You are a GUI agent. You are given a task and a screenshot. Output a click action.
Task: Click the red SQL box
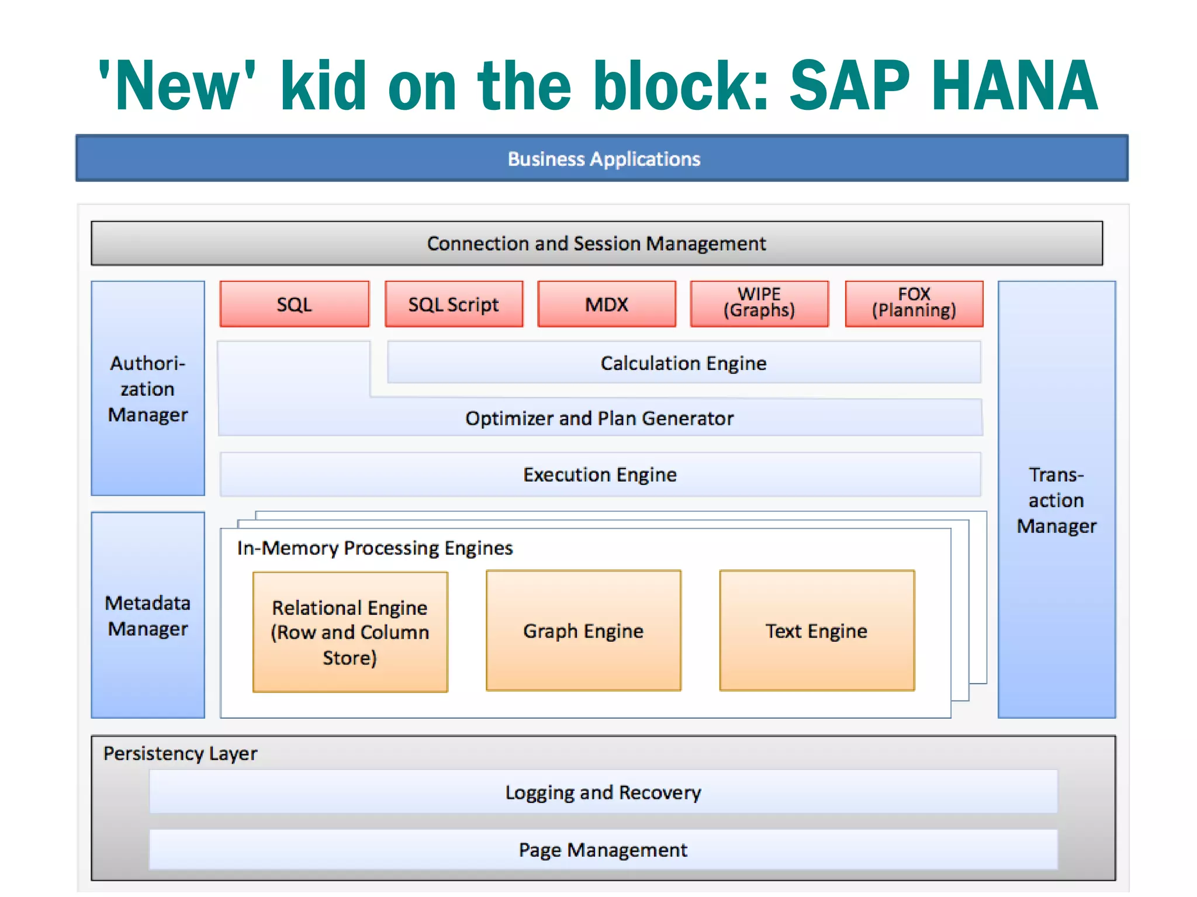pos(295,304)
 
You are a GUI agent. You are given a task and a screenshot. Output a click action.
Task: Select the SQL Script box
pos(454,304)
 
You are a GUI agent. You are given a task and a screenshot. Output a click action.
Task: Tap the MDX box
pos(607,304)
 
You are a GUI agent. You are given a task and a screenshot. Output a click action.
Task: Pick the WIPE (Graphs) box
pos(759,303)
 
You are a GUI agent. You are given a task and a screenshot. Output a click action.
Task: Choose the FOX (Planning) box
pos(914,303)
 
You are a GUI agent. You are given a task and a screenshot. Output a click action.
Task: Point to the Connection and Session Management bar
pos(596,243)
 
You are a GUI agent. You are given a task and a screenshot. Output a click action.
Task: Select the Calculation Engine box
pos(683,363)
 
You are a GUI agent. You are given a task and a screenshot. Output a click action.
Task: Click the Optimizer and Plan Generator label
pos(599,418)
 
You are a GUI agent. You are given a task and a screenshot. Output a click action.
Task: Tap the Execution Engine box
pos(600,475)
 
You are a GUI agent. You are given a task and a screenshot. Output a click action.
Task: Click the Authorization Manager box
pos(148,389)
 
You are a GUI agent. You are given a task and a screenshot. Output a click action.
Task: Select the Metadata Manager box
pos(148,615)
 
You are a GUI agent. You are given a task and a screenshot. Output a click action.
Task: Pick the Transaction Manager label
pos(1056,500)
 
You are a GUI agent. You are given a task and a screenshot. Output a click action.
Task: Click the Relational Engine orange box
pos(350,632)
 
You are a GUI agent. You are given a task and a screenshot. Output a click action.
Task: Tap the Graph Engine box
pos(583,631)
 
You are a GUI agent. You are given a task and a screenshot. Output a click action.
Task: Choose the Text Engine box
pos(817,631)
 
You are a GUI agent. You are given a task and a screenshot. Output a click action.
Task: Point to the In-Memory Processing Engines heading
pos(375,548)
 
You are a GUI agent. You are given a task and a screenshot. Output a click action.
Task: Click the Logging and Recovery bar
pos(603,792)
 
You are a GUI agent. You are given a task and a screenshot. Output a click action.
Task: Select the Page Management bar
pos(603,849)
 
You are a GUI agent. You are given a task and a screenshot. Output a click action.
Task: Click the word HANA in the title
pos(1015,86)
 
